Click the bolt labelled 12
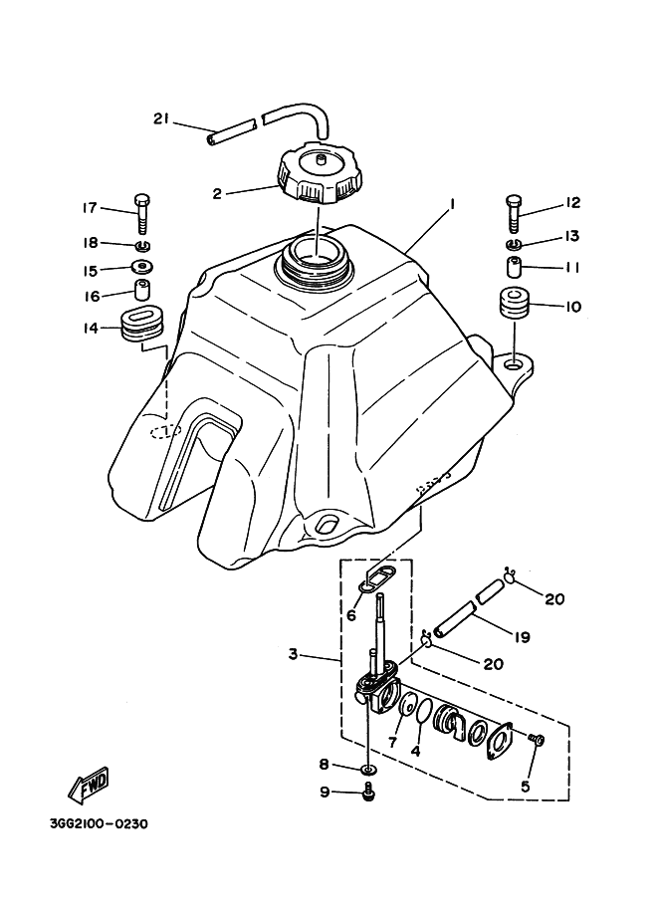(x=514, y=209)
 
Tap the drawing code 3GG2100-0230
(x=98, y=824)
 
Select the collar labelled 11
(x=514, y=268)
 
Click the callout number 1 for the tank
(x=452, y=203)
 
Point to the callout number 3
(x=293, y=654)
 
